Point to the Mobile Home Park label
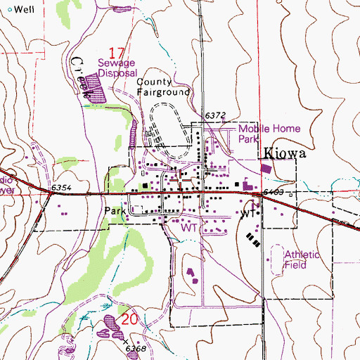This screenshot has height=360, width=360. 269,134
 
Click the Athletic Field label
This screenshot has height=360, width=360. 302,261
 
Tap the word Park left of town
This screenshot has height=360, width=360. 115,210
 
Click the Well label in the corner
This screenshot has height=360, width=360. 23,9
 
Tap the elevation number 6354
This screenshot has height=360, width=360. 63,189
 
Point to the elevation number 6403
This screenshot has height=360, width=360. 273,191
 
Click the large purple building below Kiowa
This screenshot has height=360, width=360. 266,169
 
